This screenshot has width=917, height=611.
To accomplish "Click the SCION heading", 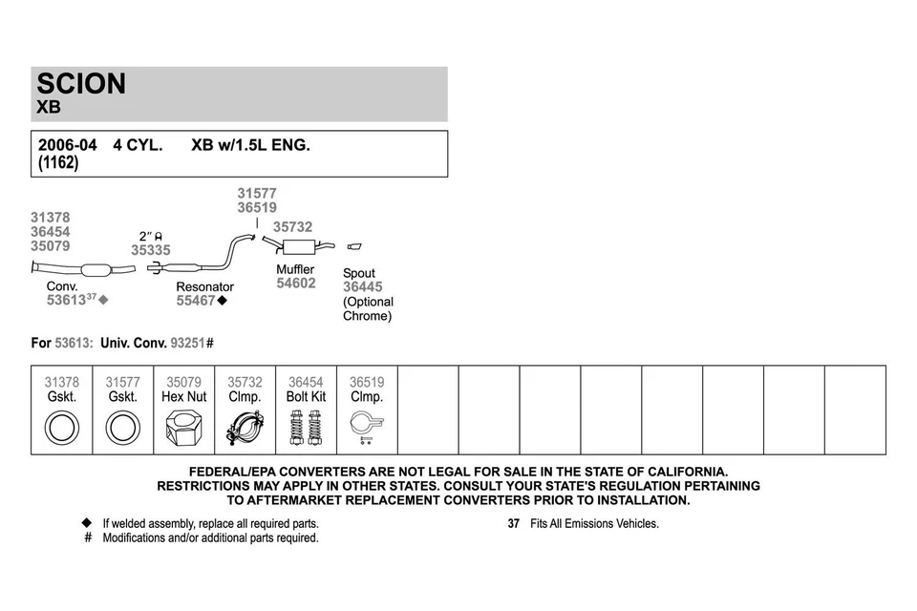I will [81, 84].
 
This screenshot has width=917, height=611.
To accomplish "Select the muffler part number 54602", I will [296, 284].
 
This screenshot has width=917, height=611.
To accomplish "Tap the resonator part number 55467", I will [196, 301].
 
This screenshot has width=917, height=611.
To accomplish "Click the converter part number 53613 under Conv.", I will [66, 300].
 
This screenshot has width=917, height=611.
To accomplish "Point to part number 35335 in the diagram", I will [151, 250].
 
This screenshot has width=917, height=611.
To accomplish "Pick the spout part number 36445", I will [362, 287].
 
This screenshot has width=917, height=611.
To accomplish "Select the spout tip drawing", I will [354, 247].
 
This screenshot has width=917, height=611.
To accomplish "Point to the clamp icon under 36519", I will [366, 426].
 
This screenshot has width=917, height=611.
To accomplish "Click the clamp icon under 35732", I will [245, 427].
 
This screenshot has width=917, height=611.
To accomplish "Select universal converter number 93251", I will [187, 343].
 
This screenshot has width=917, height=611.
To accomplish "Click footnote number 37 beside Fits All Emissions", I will [513, 524].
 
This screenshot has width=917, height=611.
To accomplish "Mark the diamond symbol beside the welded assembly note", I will [87, 523].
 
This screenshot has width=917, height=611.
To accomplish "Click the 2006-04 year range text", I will [67, 146].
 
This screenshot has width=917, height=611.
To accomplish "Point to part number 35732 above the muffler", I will [292, 227].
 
